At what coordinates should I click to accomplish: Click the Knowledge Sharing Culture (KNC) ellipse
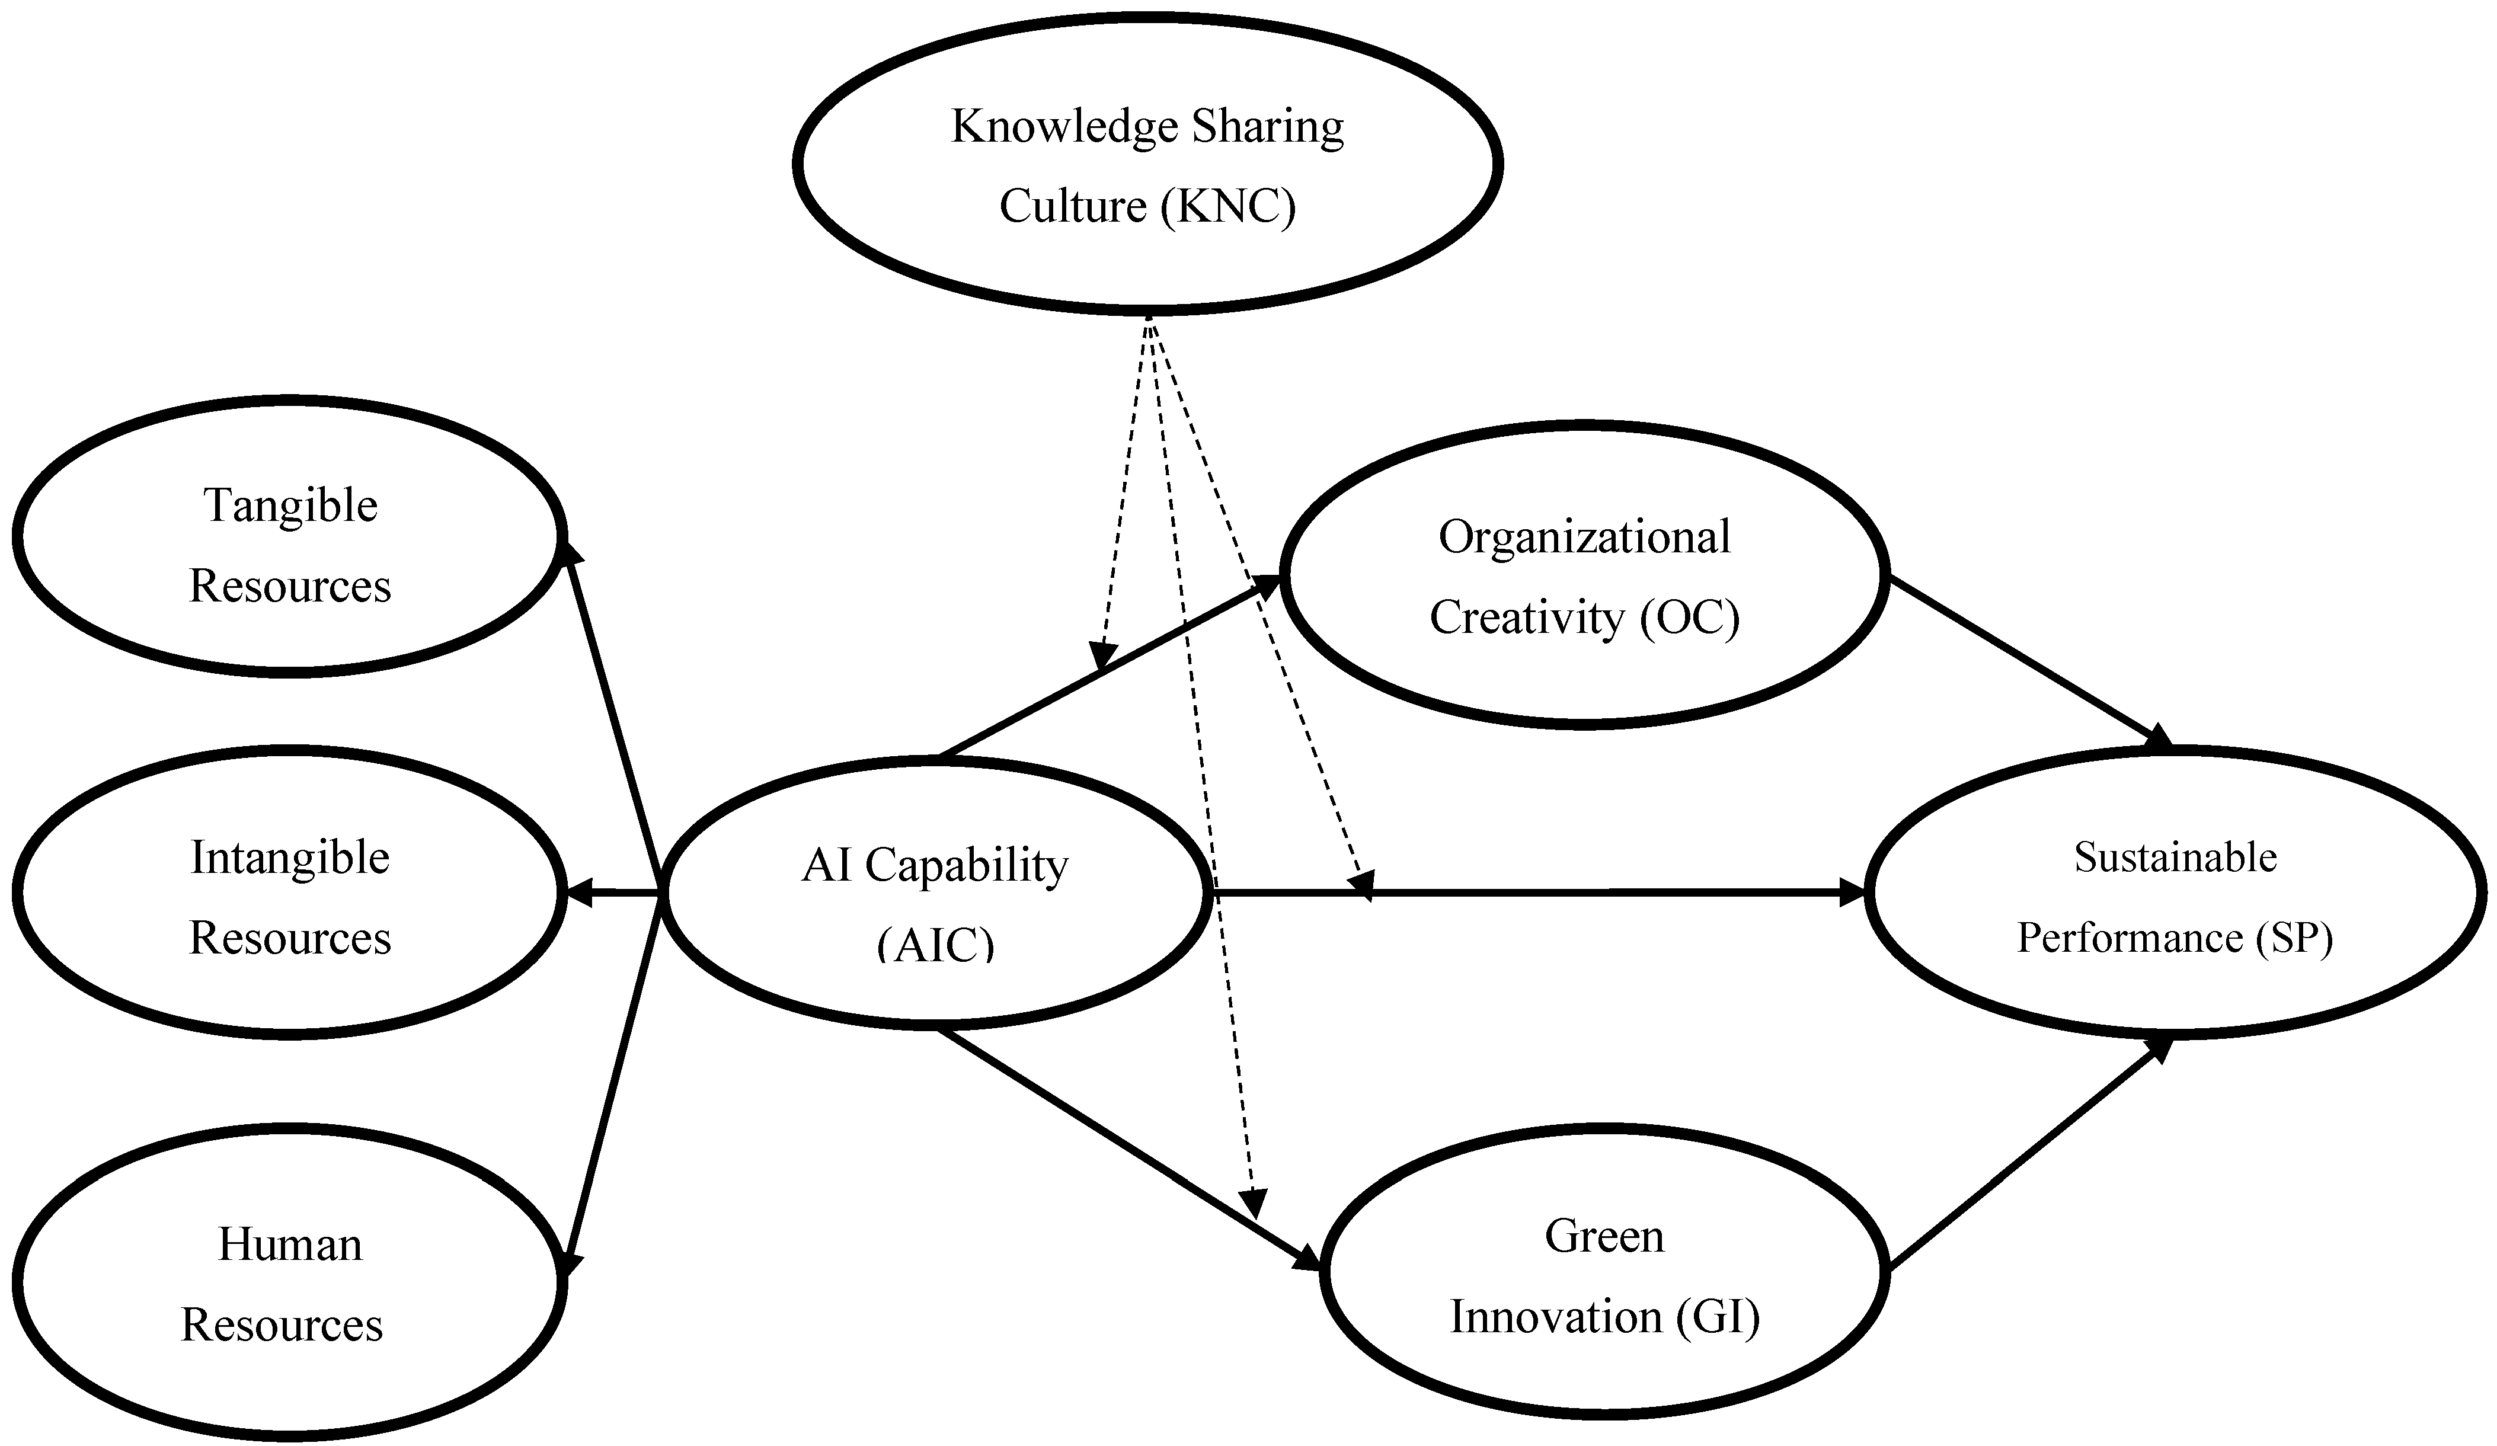click(1147, 164)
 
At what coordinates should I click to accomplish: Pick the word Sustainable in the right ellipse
click(2175, 858)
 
